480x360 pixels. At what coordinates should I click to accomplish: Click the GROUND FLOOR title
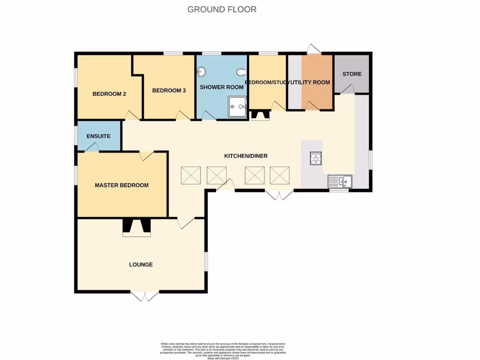click(222, 9)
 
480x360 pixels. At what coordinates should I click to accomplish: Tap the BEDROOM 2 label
click(109, 94)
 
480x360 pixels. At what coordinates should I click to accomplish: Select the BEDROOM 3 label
click(169, 90)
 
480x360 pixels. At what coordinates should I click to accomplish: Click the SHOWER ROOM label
click(222, 87)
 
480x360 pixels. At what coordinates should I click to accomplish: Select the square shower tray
click(237, 107)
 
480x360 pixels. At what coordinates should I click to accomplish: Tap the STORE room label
click(352, 74)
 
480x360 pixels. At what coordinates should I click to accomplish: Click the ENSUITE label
click(98, 136)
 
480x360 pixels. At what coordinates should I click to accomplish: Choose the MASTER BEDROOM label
click(121, 185)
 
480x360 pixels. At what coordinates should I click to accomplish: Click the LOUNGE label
click(141, 265)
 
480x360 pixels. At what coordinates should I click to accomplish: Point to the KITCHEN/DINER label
click(246, 156)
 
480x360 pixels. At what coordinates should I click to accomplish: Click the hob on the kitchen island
click(316, 159)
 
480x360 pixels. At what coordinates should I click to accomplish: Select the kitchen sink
click(340, 180)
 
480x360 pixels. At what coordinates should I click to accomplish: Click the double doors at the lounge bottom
click(145, 296)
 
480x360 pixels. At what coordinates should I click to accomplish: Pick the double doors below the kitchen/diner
click(279, 195)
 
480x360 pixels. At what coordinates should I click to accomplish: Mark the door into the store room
click(347, 90)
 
